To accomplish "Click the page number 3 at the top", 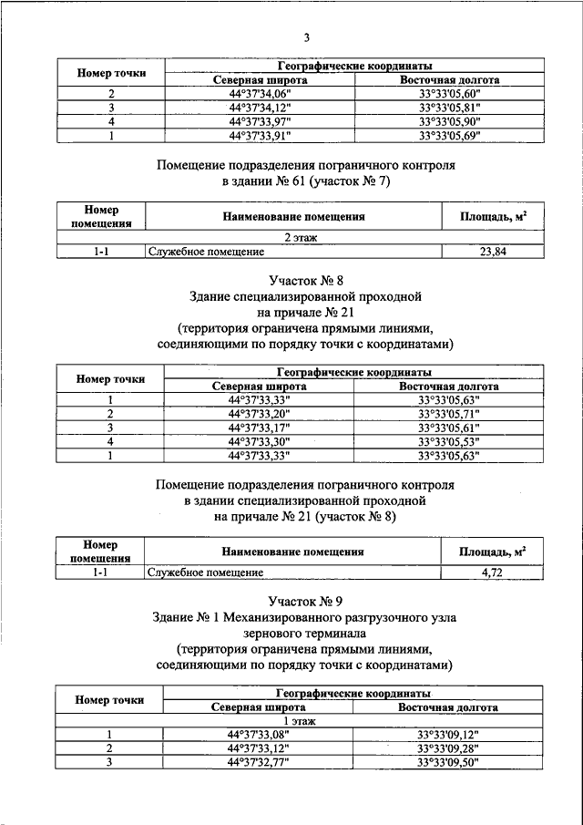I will [307, 37].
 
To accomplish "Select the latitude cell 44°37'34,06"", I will [260, 94].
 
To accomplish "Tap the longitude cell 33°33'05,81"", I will [449, 108].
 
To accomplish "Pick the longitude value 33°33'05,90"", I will [449, 121].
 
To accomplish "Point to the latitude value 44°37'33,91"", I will [260, 135].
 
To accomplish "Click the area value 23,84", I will [493, 252].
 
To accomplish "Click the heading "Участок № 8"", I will [305, 280].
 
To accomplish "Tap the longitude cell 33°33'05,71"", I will [448, 414].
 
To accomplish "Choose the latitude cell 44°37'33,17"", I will [259, 428].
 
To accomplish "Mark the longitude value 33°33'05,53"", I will [448, 441].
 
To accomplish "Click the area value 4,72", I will [493, 572].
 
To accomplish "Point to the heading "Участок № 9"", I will [305, 601].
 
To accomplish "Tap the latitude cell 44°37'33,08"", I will [259, 735].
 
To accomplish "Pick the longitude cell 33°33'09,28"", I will [448, 748].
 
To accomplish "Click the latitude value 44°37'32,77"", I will [259, 762].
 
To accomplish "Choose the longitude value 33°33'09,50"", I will [448, 762].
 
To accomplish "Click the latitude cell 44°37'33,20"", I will [259, 414].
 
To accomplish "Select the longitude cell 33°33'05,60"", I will [449, 94].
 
